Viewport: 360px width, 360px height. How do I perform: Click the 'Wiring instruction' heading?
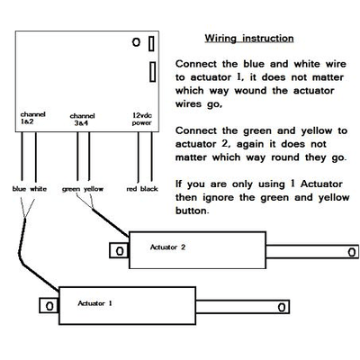click(249, 39)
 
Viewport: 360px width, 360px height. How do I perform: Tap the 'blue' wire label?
click(19, 189)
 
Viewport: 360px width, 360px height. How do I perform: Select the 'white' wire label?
click(39, 189)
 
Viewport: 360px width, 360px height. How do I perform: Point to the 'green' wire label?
click(71, 189)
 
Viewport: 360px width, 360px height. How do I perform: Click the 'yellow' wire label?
click(94, 189)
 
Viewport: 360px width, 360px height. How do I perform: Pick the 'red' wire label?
click(131, 189)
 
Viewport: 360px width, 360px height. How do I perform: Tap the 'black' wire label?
click(149, 189)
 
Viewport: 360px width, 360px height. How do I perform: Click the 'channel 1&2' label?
click(32, 118)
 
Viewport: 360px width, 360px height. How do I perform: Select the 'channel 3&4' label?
click(82, 120)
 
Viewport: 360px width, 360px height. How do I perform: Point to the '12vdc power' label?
click(142, 119)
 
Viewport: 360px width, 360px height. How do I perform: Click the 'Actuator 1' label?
click(94, 303)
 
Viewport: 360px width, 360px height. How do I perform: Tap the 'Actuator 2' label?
click(167, 247)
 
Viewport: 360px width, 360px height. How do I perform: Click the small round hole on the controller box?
click(136, 42)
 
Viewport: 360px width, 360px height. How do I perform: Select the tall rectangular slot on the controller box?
click(153, 72)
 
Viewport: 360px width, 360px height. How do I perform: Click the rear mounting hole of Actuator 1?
click(49, 306)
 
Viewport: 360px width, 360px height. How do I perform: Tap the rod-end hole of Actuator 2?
click(352, 252)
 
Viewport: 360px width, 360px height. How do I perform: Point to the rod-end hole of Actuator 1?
click(282, 308)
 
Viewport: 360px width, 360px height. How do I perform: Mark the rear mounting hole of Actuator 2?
click(120, 251)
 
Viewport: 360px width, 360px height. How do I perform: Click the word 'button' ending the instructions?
click(191, 211)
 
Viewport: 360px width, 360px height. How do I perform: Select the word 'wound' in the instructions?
click(250, 91)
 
